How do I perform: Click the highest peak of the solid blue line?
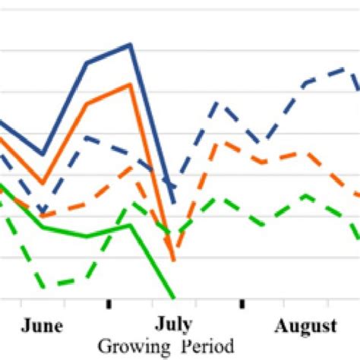pyautogui.click(x=131, y=45)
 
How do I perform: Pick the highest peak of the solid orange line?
pyautogui.click(x=131, y=84)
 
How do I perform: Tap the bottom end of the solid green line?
pyautogui.click(x=175, y=297)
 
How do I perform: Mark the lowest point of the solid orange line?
pyautogui.click(x=174, y=261)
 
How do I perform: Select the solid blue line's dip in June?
pyautogui.click(x=43, y=154)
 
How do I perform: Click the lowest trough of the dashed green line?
pyautogui.click(x=43, y=287)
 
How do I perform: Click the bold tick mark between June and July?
pyautogui.click(x=109, y=304)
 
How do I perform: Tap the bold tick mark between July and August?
pyautogui.click(x=242, y=304)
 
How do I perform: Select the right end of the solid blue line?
pyautogui.click(x=175, y=204)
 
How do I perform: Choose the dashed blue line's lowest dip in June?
pyautogui.click(x=43, y=210)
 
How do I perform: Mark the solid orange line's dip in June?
pyautogui.click(x=43, y=184)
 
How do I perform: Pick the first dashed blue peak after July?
pyautogui.click(x=218, y=101)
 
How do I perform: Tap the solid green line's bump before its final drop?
pyautogui.click(x=131, y=226)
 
